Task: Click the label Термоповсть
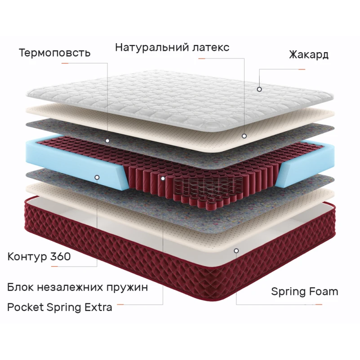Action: [55, 53]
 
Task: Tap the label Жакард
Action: [309, 55]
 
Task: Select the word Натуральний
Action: [152, 48]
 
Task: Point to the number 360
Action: [60, 257]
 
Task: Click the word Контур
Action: [27, 257]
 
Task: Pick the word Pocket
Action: [26, 307]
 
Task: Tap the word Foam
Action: [324, 292]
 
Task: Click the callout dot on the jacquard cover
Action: [259, 89]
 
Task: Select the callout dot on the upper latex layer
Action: [244, 136]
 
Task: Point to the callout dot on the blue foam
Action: [97, 178]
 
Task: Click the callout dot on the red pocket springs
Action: [163, 178]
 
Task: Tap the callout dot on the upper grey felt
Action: [107, 141]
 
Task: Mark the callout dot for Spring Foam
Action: [236, 251]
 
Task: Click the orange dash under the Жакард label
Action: [302, 69]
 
